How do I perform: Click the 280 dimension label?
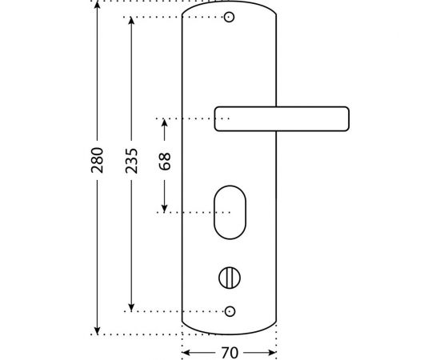click(x=98, y=160)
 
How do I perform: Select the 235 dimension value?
click(x=131, y=161)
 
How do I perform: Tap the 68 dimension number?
click(x=165, y=162)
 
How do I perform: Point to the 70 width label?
click(x=230, y=353)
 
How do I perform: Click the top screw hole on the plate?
click(x=229, y=17)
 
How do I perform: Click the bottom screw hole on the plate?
click(x=230, y=311)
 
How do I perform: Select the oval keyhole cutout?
click(x=230, y=213)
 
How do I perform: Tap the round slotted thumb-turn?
click(x=230, y=278)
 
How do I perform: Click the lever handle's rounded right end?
click(x=347, y=118)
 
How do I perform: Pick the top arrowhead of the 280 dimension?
click(x=97, y=5)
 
